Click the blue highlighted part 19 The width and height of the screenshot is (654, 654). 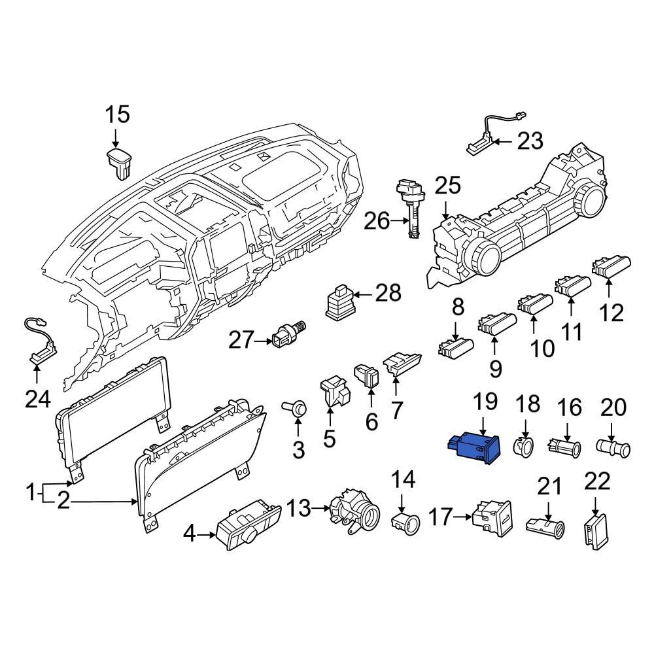[473, 449]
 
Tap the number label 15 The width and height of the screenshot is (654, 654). [118, 115]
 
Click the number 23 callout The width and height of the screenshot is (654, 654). [530, 141]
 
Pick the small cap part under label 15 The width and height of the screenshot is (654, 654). [119, 162]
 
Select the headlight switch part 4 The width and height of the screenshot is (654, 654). [249, 526]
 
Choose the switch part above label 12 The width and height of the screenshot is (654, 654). [610, 267]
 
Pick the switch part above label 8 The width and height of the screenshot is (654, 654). [455, 347]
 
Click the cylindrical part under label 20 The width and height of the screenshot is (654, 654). [614, 449]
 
